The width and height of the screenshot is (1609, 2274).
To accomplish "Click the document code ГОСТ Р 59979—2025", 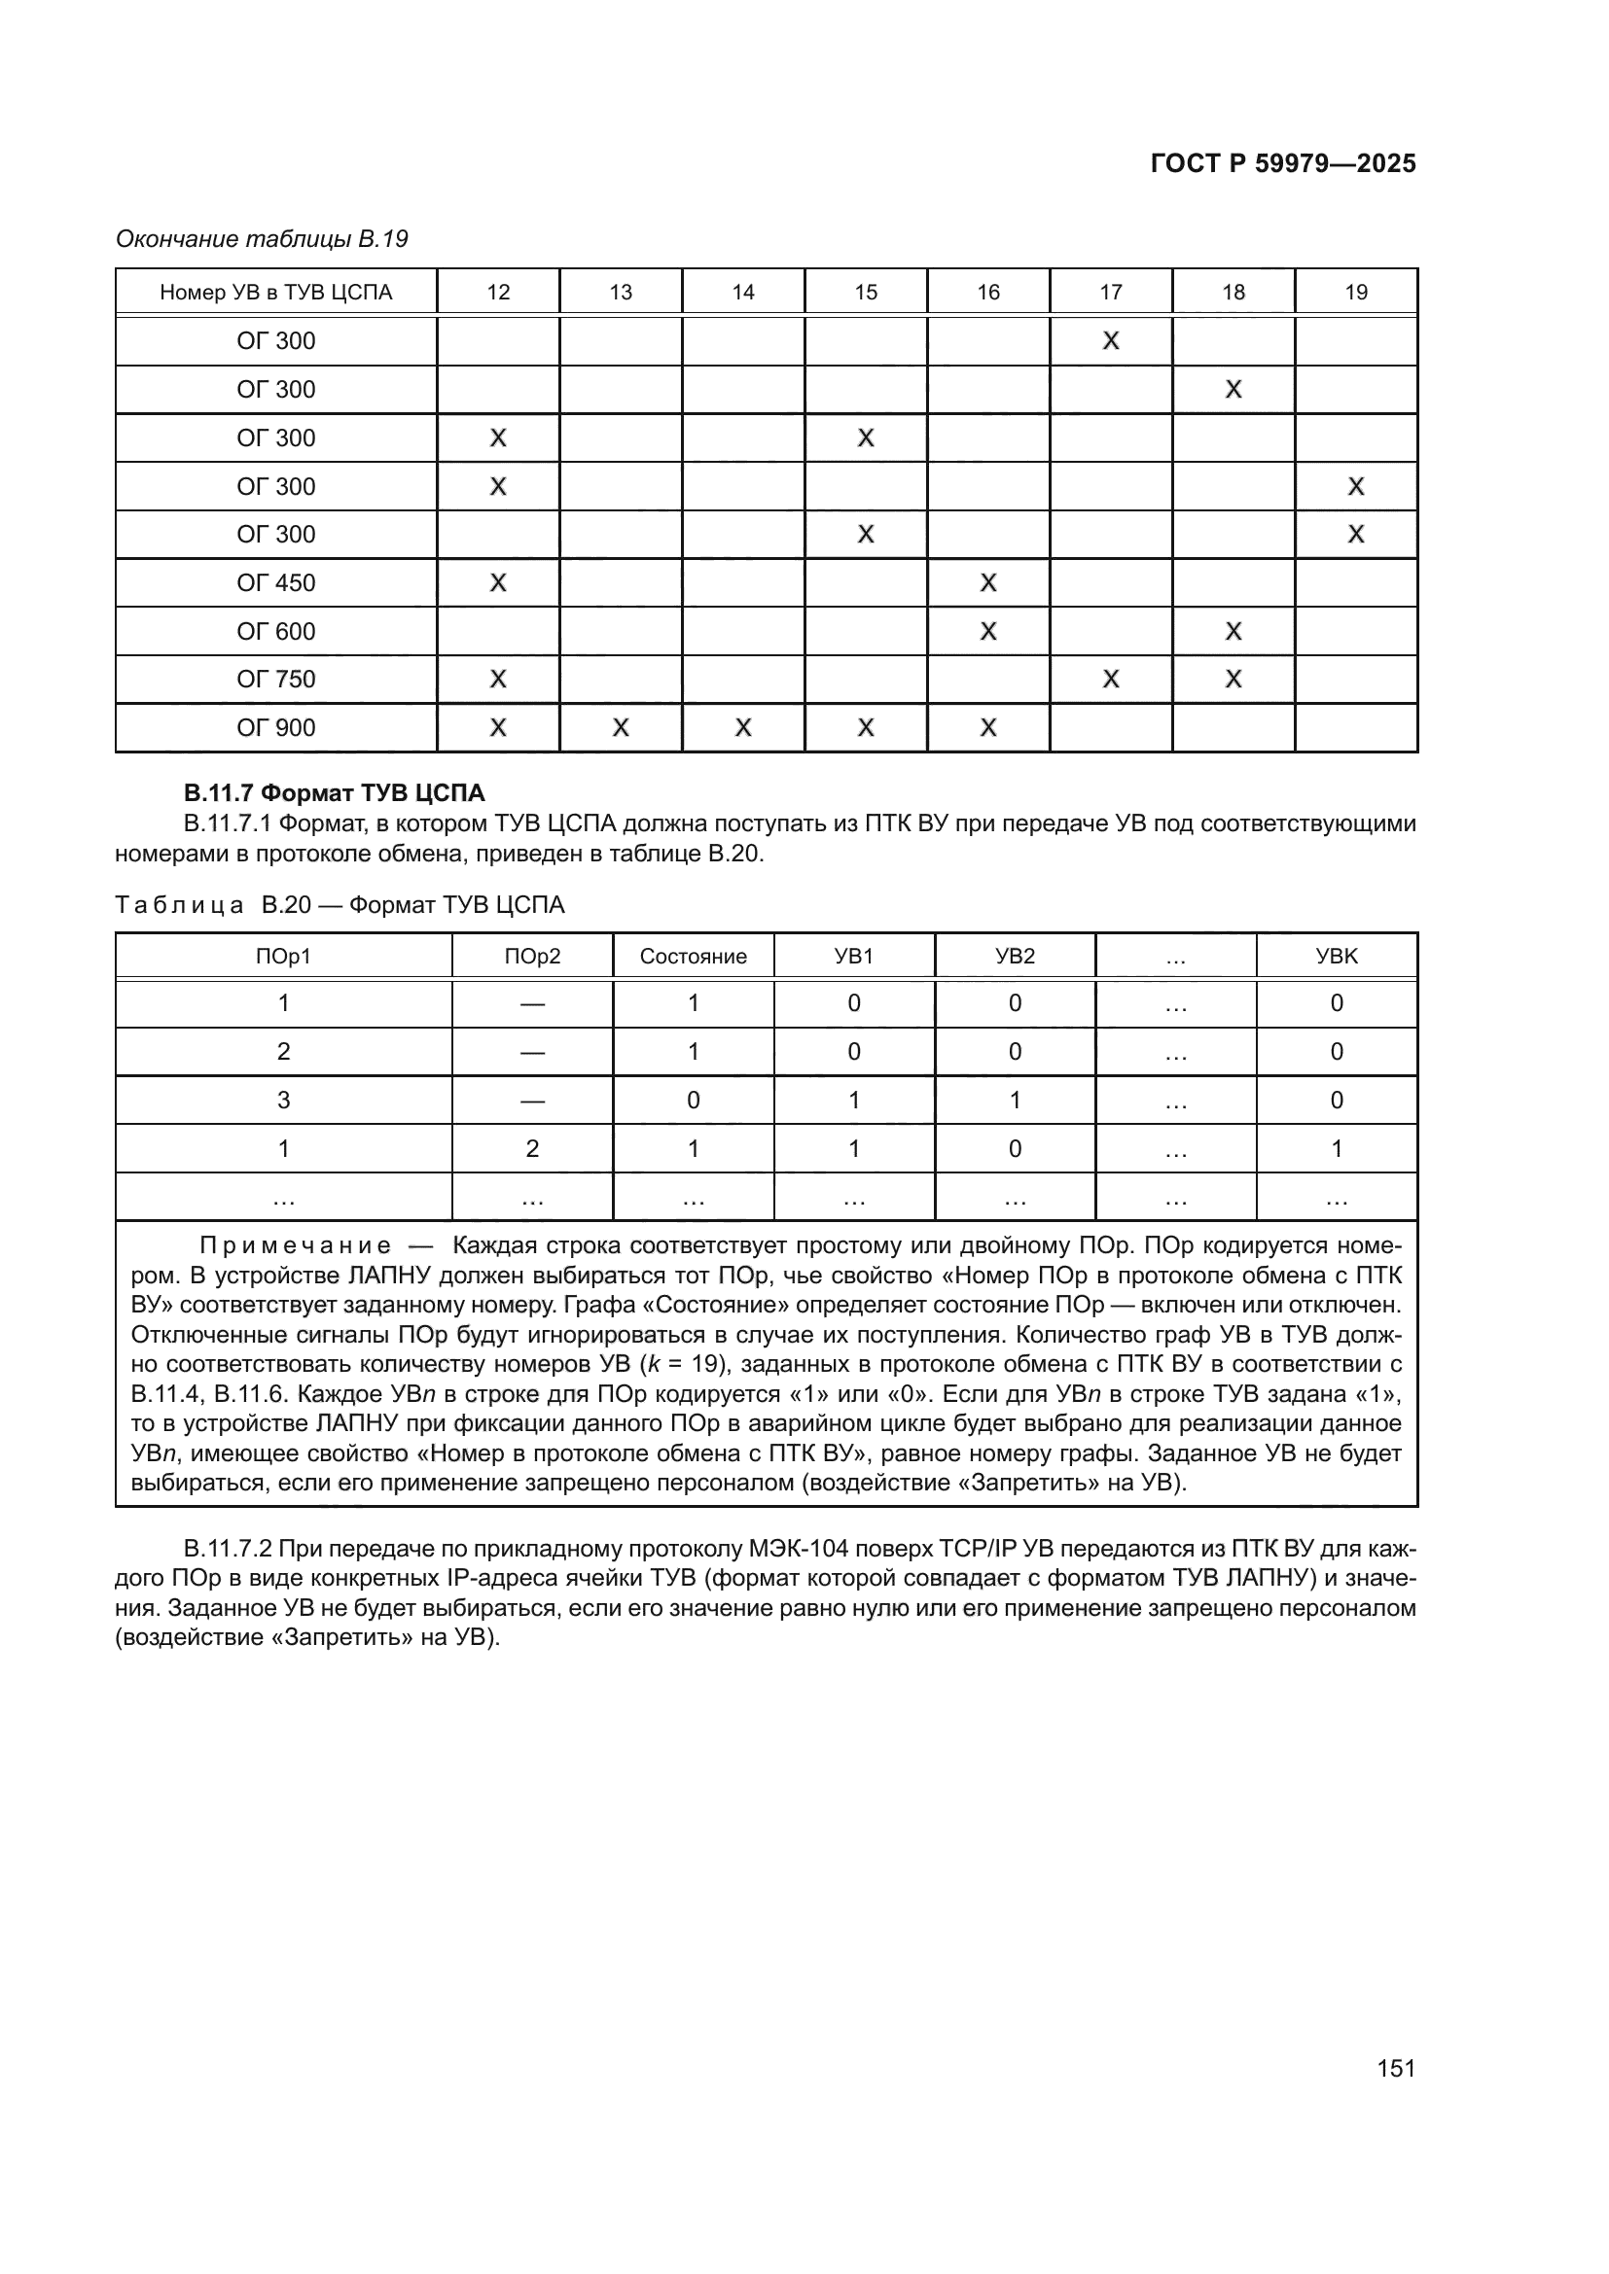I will [1283, 163].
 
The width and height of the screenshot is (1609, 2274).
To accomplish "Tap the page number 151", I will [1395, 2068].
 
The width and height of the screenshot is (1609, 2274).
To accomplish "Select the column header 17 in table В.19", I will [1111, 293].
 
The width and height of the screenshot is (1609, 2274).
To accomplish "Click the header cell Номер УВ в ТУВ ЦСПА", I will [275, 293].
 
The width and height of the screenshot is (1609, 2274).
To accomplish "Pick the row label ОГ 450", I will [275, 582].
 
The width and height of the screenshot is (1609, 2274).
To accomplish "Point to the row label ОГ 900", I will [275, 728].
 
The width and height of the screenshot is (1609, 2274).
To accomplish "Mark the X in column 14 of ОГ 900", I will [743, 728].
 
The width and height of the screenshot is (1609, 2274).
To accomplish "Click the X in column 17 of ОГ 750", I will [1111, 680].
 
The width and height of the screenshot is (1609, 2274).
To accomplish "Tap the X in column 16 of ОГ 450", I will [987, 582].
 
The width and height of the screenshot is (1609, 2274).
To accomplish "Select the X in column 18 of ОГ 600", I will [1234, 631].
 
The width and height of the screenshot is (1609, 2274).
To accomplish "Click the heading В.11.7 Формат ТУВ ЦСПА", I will [334, 792].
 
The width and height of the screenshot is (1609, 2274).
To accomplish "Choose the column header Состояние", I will [693, 956].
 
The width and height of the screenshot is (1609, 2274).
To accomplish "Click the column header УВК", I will [1336, 956].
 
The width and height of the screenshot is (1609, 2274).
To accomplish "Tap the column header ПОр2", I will [532, 956].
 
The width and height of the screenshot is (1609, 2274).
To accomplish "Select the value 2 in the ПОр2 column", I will [532, 1148].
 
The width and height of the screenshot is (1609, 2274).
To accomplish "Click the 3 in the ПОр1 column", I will [283, 1100].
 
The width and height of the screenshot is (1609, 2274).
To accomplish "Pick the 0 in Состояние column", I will [693, 1100].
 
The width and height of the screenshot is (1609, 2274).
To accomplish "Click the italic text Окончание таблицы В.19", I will [262, 239].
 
